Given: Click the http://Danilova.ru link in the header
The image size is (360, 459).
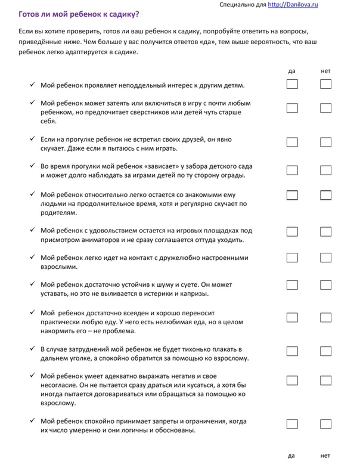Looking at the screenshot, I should point(293,4).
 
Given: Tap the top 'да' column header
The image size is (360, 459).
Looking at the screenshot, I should point(291,71).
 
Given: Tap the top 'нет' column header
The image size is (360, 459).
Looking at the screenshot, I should point(325,71).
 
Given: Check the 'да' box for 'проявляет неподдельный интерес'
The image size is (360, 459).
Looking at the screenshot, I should point(292,84).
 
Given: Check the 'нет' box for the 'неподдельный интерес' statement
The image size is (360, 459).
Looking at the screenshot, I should point(325,84).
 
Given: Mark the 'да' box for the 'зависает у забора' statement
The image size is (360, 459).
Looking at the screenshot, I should point(292,170).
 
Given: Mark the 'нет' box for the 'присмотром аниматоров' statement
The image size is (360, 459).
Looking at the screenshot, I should point(325,231).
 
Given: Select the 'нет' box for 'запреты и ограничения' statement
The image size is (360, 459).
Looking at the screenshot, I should point(325,424).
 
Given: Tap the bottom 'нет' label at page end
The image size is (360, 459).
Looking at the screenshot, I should point(325,455).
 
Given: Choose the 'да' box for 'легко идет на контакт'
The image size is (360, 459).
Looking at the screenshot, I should point(292,258).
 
